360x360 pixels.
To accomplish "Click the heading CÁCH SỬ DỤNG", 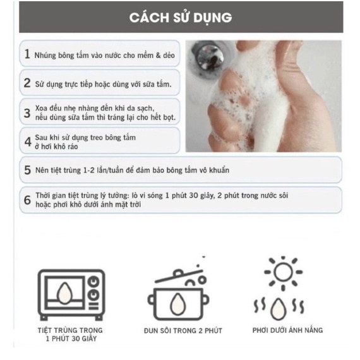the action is pos(181,18).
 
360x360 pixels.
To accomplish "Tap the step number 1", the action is pos(27,54).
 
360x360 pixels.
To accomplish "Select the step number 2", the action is pos(27,83).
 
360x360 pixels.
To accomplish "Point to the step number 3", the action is pos(27,113).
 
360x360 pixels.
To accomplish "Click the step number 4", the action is pos(28,141).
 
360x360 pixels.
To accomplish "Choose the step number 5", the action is pos(27,170).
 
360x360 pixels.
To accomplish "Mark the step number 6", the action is pos(27,200).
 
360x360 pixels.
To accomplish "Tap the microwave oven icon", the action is pos(71,295).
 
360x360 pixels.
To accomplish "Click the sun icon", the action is pos(283,273).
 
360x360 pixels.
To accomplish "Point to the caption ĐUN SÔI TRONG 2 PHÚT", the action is pos(183,331).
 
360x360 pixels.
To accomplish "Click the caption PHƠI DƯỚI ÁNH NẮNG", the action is pos(287,330).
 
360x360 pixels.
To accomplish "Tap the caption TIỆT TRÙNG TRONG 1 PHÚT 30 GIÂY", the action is pos(71,334).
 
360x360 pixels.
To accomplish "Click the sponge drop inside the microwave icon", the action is pos(65,291).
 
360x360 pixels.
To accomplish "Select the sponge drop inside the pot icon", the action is pos(177,304).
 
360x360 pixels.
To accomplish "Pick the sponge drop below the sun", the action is pos(279,309).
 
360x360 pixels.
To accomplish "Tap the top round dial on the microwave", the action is pos(94,282).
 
